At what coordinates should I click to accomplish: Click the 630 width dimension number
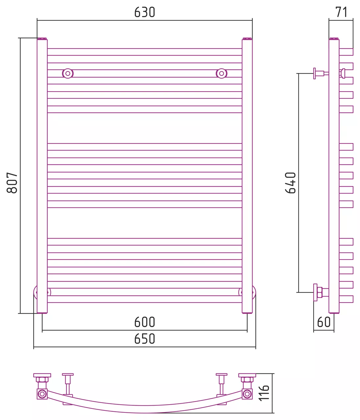click(145, 12)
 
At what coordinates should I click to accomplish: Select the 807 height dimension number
click(12, 183)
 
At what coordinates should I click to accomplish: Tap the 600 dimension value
click(145, 322)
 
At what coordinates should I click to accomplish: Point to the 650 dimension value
click(145, 339)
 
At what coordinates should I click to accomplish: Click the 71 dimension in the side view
click(341, 12)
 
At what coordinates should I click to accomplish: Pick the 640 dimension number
click(290, 183)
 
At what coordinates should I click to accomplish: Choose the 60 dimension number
click(324, 322)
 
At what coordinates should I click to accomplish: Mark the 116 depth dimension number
click(264, 393)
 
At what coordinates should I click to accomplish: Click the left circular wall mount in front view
click(68, 73)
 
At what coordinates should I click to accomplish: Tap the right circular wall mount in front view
click(221, 73)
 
